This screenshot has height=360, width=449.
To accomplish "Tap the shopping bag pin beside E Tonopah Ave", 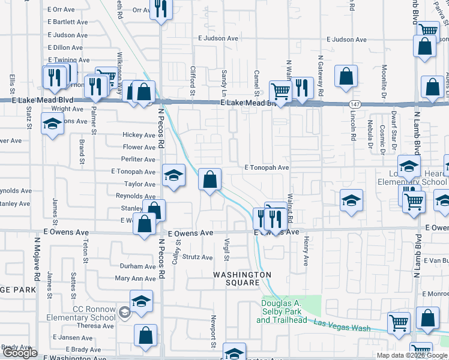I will (x=209, y=179).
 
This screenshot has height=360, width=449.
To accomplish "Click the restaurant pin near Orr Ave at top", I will (x=161, y=9).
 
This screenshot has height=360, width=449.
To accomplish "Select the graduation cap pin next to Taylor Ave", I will (x=173, y=176).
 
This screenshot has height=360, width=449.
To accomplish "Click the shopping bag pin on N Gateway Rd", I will (x=346, y=76).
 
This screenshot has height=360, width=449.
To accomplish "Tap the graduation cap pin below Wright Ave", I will (x=53, y=124).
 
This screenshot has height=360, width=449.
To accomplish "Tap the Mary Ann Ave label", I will (x=135, y=278).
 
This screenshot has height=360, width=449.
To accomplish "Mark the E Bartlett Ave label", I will (x=67, y=22).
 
